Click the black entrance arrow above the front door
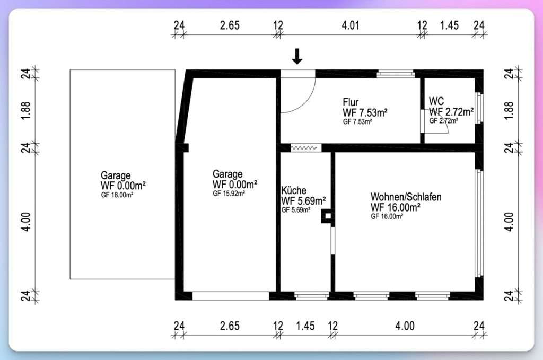point(297,56)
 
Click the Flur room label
point(351,102)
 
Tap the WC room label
point(436,101)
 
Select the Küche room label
point(294,190)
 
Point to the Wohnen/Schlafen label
point(406,197)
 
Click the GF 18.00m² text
point(117,195)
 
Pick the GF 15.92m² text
point(229,194)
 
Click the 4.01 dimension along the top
point(351,25)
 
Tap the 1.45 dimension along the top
point(449,25)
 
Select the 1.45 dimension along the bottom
point(305,326)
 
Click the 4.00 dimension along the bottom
point(405,326)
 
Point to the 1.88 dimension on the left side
point(26,111)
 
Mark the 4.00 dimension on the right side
point(509,222)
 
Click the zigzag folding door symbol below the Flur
point(304,148)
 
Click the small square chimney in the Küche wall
point(327,216)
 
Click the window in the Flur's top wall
point(396,74)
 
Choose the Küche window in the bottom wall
point(311,296)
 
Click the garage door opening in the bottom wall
point(231,296)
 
